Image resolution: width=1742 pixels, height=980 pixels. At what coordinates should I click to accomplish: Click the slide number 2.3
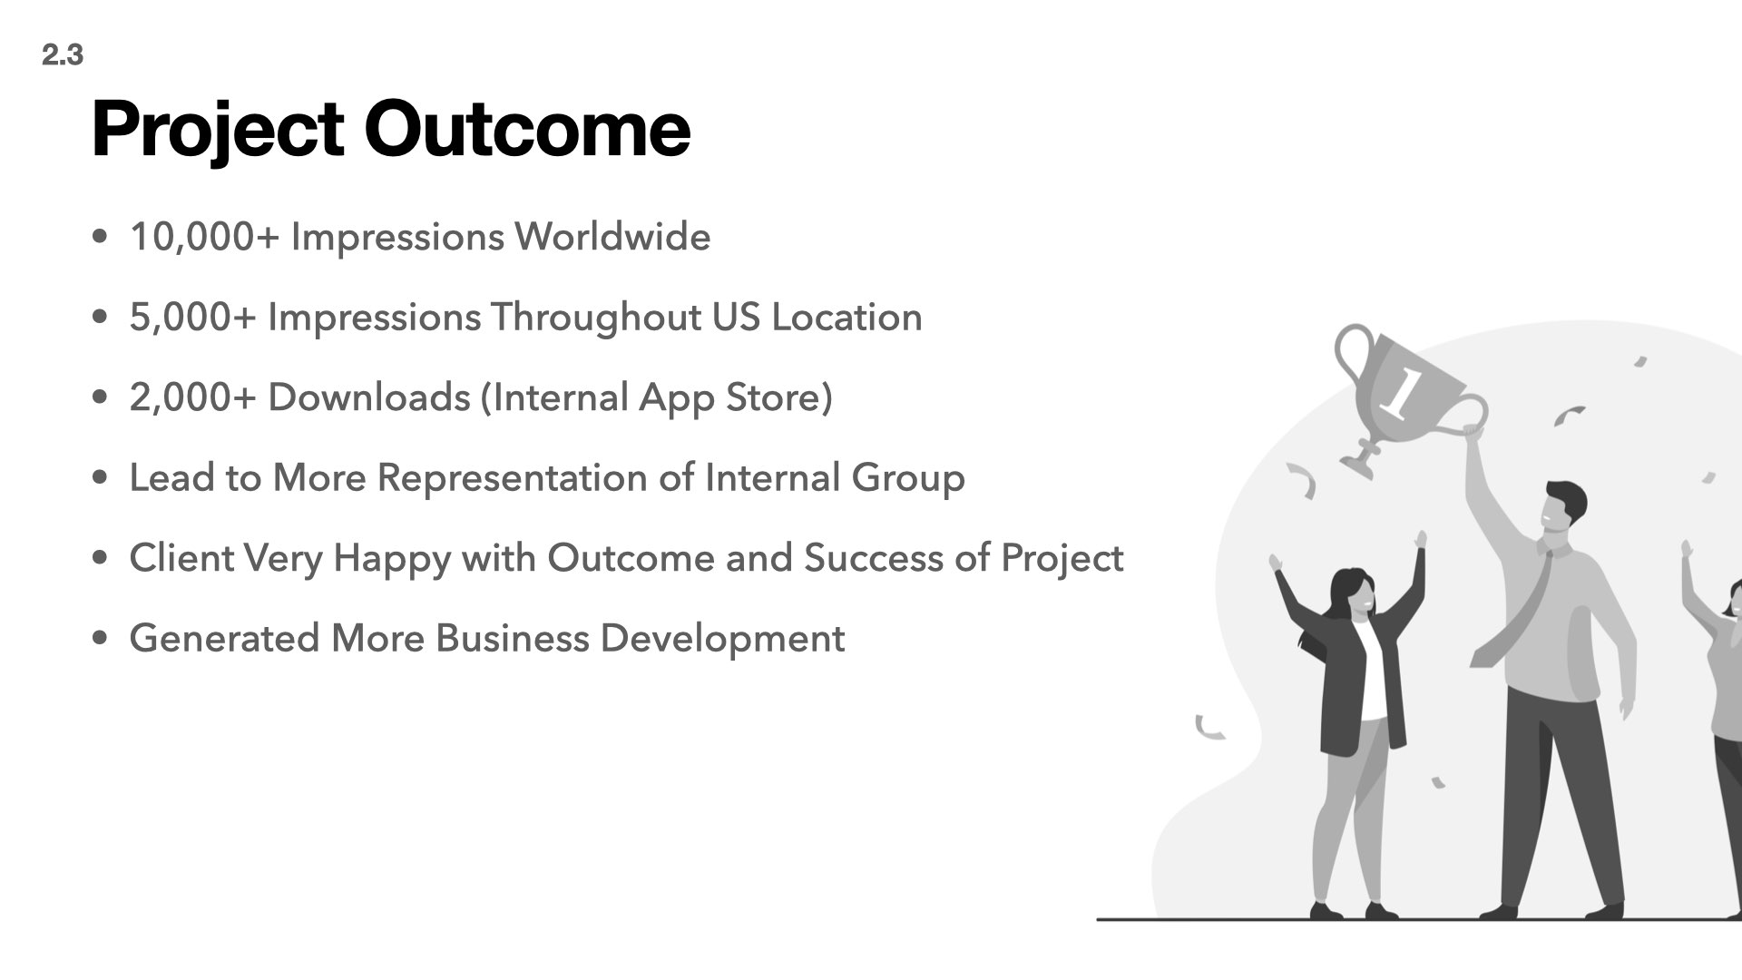[62, 55]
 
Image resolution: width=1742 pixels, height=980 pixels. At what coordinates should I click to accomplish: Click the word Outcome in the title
[527, 129]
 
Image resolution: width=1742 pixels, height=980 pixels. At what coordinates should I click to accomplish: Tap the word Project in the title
[218, 132]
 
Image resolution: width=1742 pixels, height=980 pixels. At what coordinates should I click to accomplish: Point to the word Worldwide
[613, 237]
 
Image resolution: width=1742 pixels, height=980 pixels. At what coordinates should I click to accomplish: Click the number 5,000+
[193, 318]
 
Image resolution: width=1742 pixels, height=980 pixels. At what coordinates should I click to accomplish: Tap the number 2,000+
[193, 397]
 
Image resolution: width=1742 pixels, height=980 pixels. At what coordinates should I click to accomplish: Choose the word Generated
[225, 638]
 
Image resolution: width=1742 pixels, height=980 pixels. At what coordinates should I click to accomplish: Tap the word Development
[722, 639]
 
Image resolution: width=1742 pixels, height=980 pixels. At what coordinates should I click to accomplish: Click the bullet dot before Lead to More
[101, 477]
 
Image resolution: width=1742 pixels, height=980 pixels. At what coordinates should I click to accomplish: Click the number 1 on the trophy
[1399, 393]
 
